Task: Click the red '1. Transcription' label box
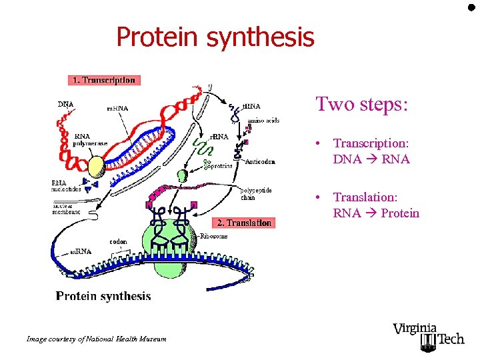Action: pos(104,80)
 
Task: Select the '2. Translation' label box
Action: pos(243,223)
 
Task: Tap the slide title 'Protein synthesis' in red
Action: pos(215,37)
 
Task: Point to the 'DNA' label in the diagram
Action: pos(65,104)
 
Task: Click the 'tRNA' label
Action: pos(251,106)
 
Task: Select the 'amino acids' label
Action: pos(263,121)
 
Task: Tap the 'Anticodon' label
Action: pos(261,161)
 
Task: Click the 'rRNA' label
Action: pos(219,136)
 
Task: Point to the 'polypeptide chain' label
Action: pos(255,193)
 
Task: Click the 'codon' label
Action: pos(118,242)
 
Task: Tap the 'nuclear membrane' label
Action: pos(66,208)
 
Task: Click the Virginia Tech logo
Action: pos(428,335)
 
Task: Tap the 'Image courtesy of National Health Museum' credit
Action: pos(96,339)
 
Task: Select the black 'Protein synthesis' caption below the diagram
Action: pos(103,296)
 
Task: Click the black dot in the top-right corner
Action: pos(471,8)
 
